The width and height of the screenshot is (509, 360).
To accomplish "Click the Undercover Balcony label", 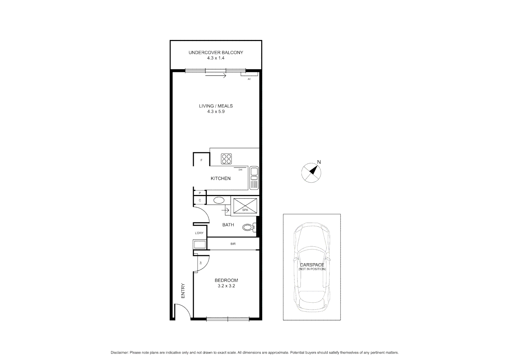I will pos(216,52).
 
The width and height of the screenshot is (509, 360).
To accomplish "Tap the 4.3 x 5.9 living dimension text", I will pos(216,112).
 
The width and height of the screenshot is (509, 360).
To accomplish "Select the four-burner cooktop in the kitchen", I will pos(227,159).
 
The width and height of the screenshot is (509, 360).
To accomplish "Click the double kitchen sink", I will pos(254,178).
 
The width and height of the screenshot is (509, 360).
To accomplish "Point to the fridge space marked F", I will pos(201,160).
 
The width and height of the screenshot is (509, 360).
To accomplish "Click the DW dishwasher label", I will pos(240,170).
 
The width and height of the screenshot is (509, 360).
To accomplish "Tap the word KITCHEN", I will pos(221,178).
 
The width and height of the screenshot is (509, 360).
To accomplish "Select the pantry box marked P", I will pos(200,193).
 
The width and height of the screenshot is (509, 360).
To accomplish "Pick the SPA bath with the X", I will pos(245,206).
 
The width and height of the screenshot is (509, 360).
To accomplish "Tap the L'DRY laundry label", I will pos(199,233).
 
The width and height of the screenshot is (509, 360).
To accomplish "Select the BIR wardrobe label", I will pos(233,244).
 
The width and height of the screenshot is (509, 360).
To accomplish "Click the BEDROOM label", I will pos(226,280).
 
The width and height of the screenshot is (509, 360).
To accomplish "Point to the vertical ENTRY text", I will pos(183,291).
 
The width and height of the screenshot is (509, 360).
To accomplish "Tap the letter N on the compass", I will pos(319,162).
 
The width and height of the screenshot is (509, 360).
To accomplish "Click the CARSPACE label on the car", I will pos(312,265).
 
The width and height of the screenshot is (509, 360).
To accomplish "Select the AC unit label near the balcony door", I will pos(249,79).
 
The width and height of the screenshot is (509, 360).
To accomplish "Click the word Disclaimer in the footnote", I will pos(119,352).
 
